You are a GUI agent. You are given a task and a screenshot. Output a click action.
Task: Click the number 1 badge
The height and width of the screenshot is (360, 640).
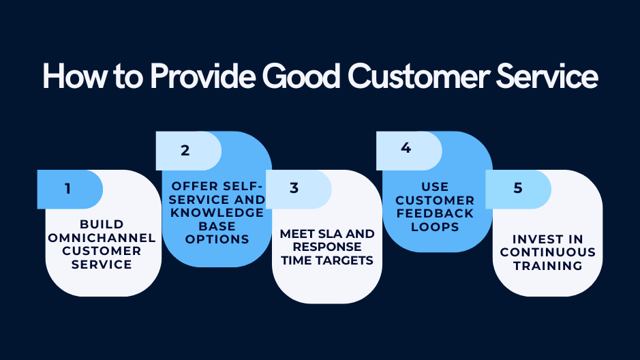[x=68, y=189]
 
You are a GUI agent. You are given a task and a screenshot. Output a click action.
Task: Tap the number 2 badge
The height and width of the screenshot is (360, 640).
[x=185, y=151]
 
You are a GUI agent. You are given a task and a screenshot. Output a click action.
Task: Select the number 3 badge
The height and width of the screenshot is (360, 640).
[x=294, y=189]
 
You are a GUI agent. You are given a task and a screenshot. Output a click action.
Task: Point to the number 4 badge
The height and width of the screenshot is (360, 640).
[x=406, y=148]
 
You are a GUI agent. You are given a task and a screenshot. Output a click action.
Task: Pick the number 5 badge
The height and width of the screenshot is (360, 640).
[x=517, y=188]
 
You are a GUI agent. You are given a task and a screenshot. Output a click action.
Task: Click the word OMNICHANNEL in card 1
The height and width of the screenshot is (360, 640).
[x=102, y=237]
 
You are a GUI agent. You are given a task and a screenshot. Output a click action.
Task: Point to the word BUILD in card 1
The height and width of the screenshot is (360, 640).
[x=102, y=224]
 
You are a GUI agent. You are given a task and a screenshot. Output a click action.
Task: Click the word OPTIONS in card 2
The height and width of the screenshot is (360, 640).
[x=217, y=239]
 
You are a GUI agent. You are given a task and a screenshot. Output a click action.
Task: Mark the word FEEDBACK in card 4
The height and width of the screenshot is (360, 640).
[x=435, y=213]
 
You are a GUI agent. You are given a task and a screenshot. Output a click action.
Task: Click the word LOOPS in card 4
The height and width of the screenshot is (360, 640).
[x=435, y=226]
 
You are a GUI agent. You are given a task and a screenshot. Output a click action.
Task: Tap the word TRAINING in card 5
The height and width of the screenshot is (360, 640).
[x=548, y=265]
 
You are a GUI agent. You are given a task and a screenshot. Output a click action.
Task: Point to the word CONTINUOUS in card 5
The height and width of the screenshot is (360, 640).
[x=548, y=252]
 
